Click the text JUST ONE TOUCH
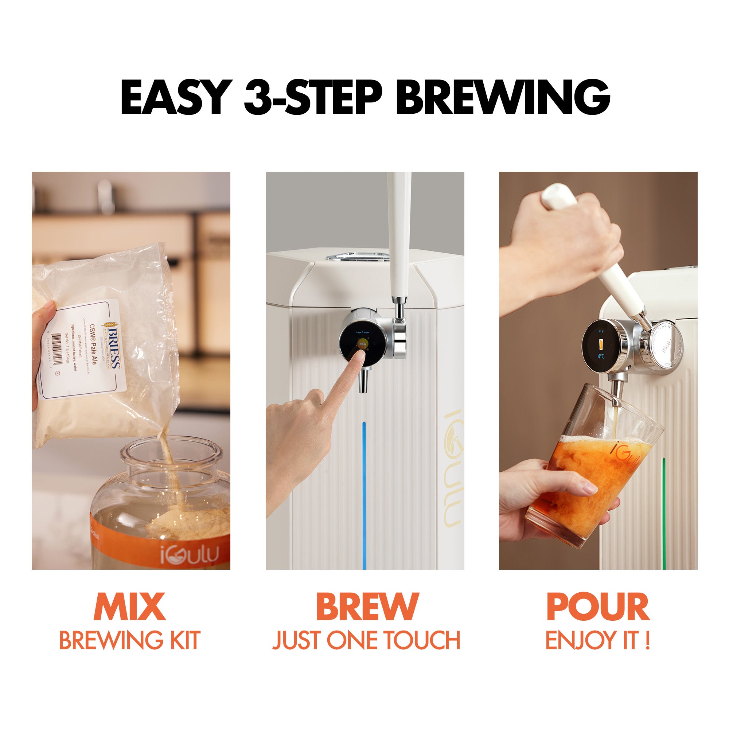[x=366, y=640]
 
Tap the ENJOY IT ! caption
[x=598, y=640]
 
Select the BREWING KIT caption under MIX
[x=129, y=640]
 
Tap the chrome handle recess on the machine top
[x=357, y=257]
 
